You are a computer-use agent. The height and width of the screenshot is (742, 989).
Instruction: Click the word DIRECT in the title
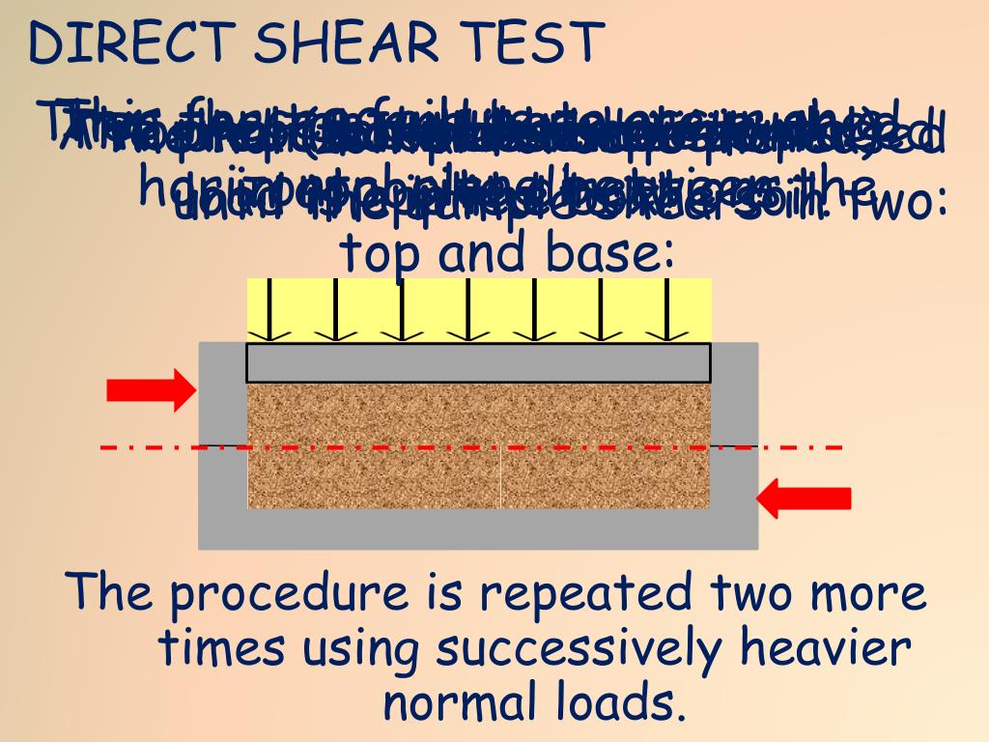click(x=129, y=43)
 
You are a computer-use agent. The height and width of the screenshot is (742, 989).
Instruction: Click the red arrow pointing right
click(x=151, y=389)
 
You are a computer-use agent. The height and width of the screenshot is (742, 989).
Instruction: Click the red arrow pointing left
click(x=803, y=498)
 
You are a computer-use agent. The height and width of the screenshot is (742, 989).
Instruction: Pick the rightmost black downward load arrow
click(x=667, y=309)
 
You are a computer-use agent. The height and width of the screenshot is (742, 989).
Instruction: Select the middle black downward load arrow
click(x=468, y=309)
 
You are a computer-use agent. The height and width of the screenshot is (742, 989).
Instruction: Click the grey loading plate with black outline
click(x=478, y=363)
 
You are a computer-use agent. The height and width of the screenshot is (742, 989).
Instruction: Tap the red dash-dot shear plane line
click(x=155, y=448)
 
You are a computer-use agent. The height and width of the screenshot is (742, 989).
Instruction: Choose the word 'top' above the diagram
click(x=381, y=255)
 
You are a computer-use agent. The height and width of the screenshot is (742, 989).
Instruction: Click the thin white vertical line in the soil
click(x=501, y=478)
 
